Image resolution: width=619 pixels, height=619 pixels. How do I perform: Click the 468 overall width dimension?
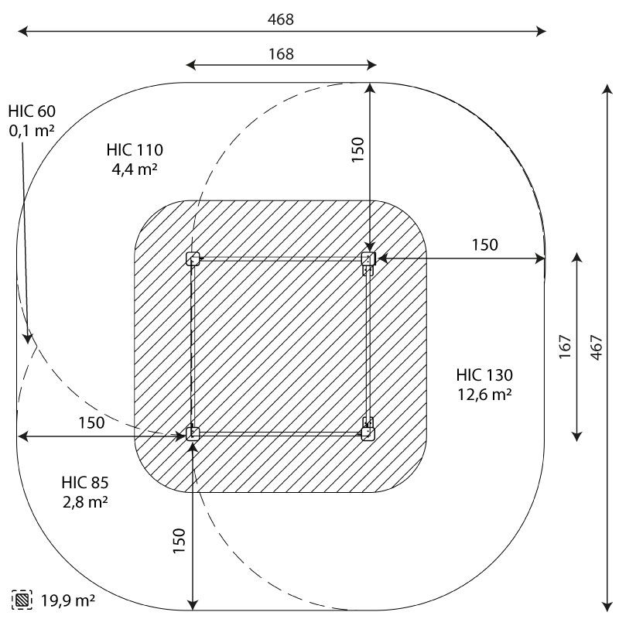tap(281, 19)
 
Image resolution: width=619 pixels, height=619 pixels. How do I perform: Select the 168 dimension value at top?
tap(281, 54)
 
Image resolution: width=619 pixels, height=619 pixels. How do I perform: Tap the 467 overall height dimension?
tap(597, 347)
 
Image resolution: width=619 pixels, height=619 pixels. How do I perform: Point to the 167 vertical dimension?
tap(566, 347)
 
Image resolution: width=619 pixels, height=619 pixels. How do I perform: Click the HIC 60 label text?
tap(32, 111)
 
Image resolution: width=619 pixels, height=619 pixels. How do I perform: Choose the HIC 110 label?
tap(135, 150)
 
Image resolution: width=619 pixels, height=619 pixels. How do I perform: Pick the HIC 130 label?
tap(484, 375)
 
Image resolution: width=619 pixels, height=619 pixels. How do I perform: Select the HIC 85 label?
tap(85, 482)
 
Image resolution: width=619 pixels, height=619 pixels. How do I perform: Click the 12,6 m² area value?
tap(485, 394)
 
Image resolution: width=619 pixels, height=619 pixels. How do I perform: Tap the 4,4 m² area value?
tap(135, 169)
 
